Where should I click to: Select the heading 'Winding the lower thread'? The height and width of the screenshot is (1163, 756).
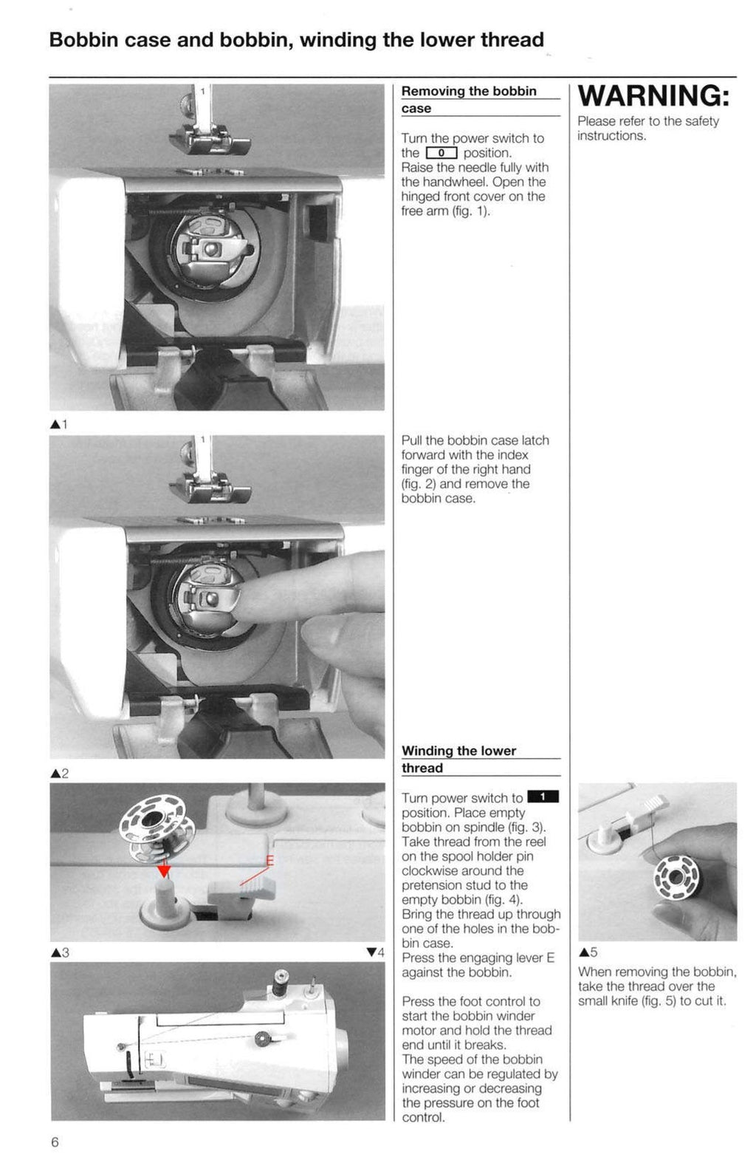click(x=458, y=759)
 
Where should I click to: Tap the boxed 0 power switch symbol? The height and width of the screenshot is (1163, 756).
click(x=441, y=153)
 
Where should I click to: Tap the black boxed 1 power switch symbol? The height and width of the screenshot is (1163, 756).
click(x=543, y=797)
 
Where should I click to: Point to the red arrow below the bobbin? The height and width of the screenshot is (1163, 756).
click(x=164, y=871)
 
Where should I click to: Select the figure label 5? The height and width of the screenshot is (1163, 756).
click(x=588, y=952)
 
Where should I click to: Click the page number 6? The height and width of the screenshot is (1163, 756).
click(x=55, y=1142)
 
